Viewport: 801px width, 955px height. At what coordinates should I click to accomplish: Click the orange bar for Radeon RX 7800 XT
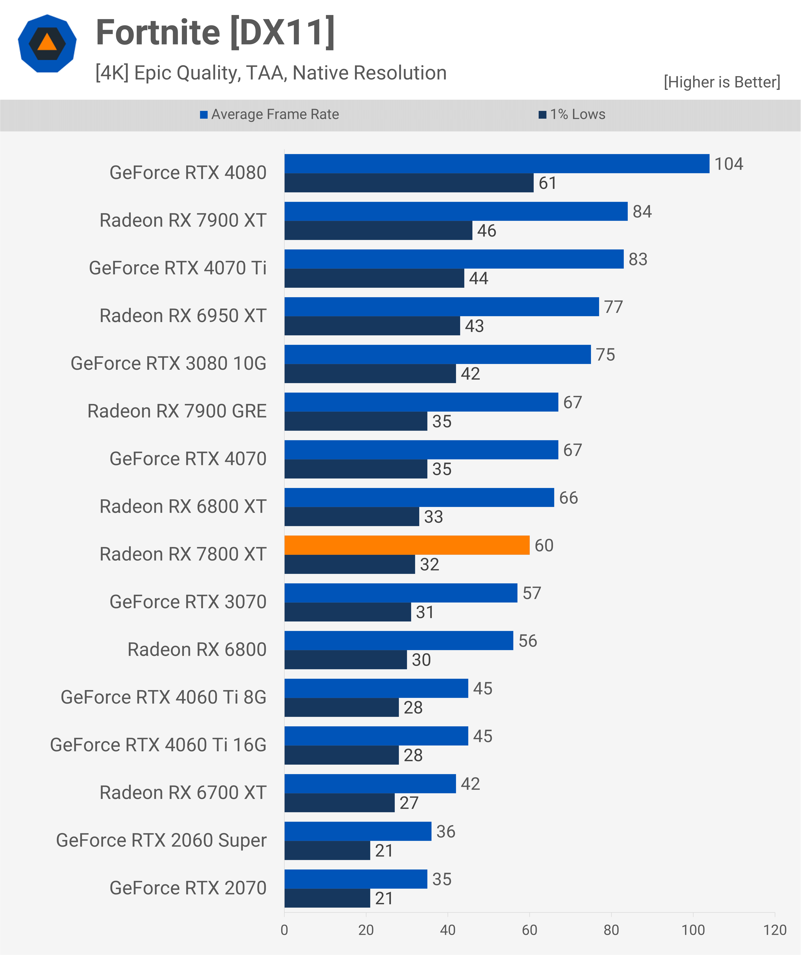[407, 545]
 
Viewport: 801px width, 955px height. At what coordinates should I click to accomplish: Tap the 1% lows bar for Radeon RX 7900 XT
[378, 231]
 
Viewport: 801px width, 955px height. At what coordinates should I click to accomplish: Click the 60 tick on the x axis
[529, 930]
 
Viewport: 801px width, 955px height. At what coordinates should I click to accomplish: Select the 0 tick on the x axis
[284, 930]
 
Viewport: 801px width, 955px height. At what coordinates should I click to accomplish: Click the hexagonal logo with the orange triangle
[47, 44]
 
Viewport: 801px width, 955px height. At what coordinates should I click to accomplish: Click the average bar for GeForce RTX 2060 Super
[358, 831]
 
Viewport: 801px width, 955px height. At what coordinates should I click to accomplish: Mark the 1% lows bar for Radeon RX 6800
[345, 659]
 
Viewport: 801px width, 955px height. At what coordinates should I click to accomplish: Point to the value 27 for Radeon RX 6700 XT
[409, 803]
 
